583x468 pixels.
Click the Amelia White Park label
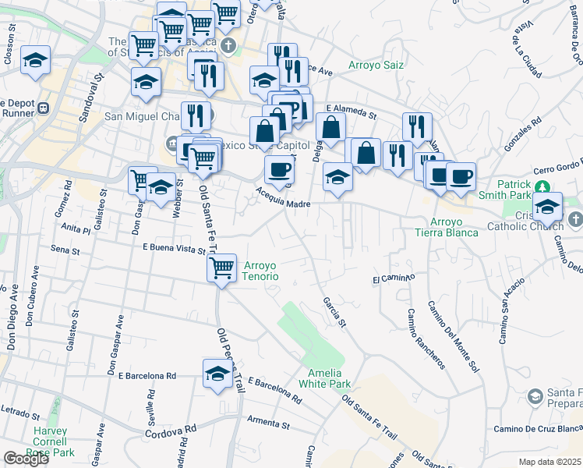pos(329,378)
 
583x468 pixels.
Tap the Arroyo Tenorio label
pos(267,271)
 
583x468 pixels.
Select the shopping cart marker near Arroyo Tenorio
pos(222,268)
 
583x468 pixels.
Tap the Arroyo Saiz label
pos(376,65)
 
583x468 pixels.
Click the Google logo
pos(26,458)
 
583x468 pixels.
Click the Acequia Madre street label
pos(284,204)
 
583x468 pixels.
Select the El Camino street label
pos(394,278)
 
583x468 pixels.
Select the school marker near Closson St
pos(35,62)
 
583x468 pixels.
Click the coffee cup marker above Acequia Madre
pos(279,169)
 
